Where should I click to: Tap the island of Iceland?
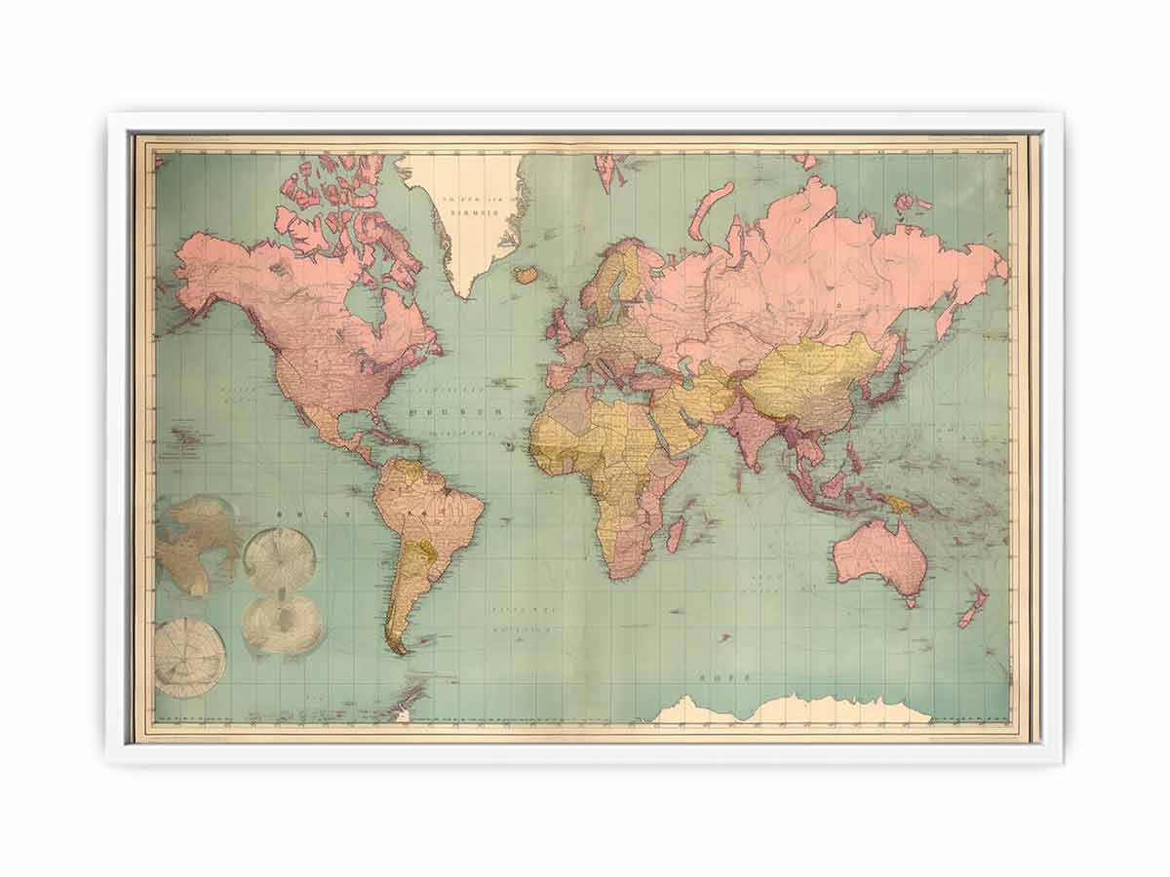tap(526, 275)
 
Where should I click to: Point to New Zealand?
tap(972, 606)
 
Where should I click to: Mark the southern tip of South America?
tap(397, 647)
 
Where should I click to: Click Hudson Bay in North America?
tap(366, 302)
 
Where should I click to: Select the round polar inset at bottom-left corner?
tap(189, 657)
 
